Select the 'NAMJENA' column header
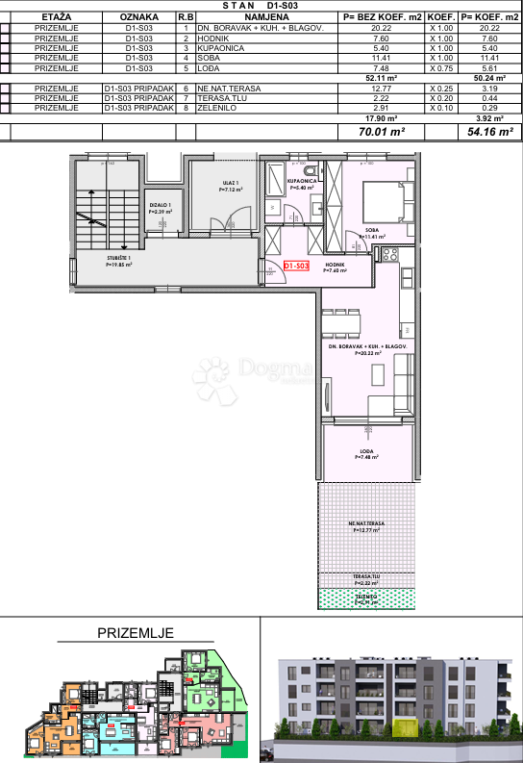point(266,17)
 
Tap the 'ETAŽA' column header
point(56,17)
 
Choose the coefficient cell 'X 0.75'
point(440,69)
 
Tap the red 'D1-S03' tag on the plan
point(295,265)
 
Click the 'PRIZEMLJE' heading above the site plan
point(135,632)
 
